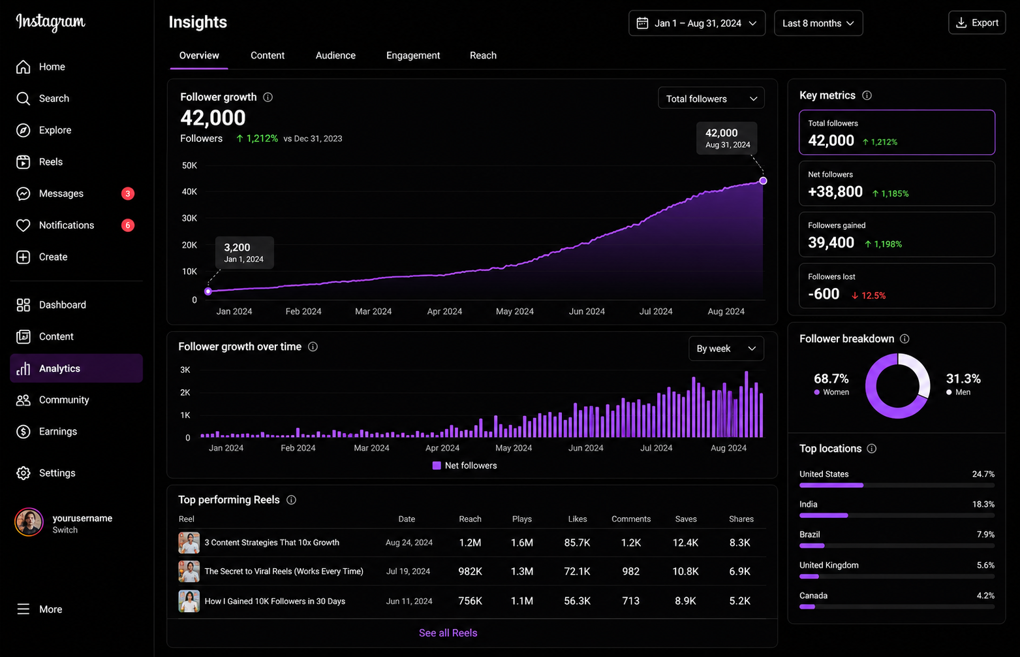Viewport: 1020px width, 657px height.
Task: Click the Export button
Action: tap(977, 23)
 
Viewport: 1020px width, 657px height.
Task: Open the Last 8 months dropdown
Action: tap(818, 24)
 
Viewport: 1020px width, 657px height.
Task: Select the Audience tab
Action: tap(335, 56)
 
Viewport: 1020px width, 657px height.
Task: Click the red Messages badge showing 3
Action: tap(128, 193)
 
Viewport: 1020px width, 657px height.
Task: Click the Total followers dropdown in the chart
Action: tap(711, 99)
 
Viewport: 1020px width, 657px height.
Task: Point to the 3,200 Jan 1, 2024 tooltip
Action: tap(244, 252)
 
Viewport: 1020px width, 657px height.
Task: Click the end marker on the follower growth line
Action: tap(763, 181)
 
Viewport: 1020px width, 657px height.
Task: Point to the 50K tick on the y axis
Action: tap(189, 165)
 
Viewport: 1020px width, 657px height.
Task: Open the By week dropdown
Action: tap(726, 349)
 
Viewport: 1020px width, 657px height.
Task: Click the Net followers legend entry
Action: tap(465, 466)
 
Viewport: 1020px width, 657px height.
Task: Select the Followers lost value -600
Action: tap(824, 294)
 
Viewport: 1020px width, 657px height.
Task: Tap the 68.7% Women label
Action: tap(831, 384)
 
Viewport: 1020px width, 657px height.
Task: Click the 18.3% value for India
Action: tap(983, 504)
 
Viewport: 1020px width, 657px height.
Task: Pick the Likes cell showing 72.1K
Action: tap(577, 571)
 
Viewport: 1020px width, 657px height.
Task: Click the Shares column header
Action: tap(741, 519)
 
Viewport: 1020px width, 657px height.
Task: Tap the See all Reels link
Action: tap(448, 633)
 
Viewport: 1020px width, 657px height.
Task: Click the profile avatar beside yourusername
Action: tap(29, 522)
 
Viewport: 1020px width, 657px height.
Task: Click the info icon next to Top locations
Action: tap(872, 449)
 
